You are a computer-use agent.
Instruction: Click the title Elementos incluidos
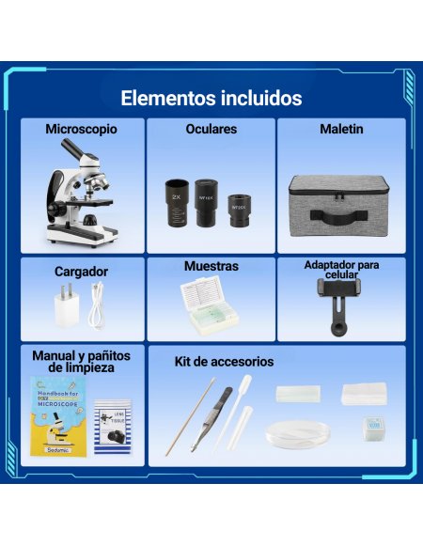pos(211,98)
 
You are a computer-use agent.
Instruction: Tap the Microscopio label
pos(82,130)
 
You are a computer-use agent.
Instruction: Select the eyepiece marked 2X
pos(177,199)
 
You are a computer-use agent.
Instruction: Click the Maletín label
pos(341,130)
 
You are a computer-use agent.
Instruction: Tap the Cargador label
pos(81,272)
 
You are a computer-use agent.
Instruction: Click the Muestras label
pos(211,267)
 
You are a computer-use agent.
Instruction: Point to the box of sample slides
pos(211,306)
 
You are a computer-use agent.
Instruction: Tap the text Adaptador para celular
pos(341,270)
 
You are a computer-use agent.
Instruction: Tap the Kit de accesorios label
pos(224,362)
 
